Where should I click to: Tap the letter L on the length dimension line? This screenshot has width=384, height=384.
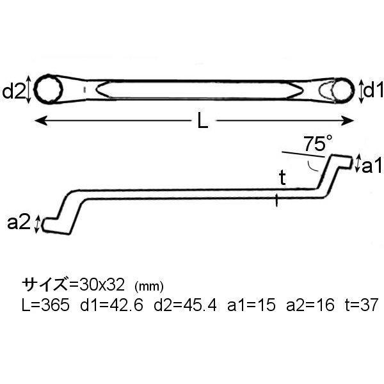203,121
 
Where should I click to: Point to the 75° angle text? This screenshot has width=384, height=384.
318,143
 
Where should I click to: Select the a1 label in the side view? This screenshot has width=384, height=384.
372,166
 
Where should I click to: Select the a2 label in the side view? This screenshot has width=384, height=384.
19,222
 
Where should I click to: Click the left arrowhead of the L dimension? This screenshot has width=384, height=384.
41,120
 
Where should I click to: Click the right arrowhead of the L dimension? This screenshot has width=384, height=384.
348,120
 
